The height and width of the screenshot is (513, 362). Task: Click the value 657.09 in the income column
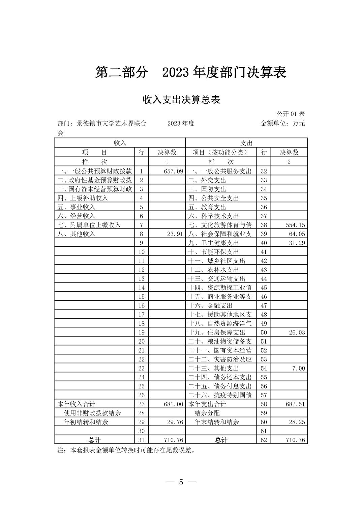point(173,171)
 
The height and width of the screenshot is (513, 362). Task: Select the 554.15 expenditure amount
point(295,225)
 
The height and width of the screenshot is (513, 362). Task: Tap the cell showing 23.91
point(175,234)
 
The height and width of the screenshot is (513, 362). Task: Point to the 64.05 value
point(297,234)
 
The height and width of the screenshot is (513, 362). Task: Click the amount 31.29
point(297,243)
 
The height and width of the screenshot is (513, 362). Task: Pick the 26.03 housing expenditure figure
point(297,332)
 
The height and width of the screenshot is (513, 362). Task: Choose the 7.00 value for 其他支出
point(298,368)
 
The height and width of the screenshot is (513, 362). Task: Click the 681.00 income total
point(173,404)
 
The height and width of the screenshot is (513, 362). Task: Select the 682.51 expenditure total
point(295,404)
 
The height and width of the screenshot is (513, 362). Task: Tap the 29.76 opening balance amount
point(175,422)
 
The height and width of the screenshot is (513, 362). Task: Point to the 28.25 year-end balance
point(297,422)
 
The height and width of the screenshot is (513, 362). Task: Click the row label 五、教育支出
point(207,207)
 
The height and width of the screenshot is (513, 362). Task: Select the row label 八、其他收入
point(76,234)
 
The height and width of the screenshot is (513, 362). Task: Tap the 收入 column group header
point(120,143)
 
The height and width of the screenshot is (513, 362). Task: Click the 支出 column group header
point(246,143)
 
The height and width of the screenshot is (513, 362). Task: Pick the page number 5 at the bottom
point(181,482)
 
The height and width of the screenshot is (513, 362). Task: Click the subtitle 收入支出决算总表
point(181,100)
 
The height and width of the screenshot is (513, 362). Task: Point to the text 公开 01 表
point(291,114)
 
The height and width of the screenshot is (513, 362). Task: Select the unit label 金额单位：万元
point(282,124)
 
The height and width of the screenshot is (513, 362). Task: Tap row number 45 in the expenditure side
point(264,288)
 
